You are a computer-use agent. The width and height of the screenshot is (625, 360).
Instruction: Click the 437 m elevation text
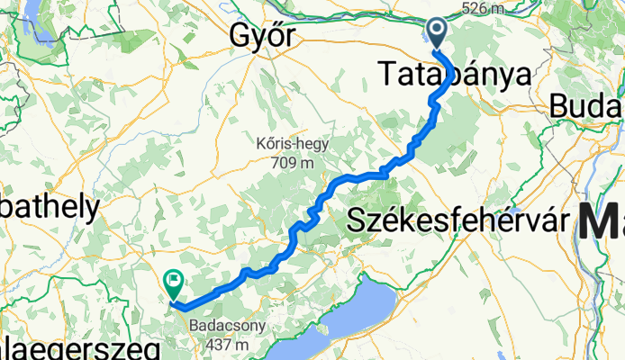[x=225, y=345]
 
